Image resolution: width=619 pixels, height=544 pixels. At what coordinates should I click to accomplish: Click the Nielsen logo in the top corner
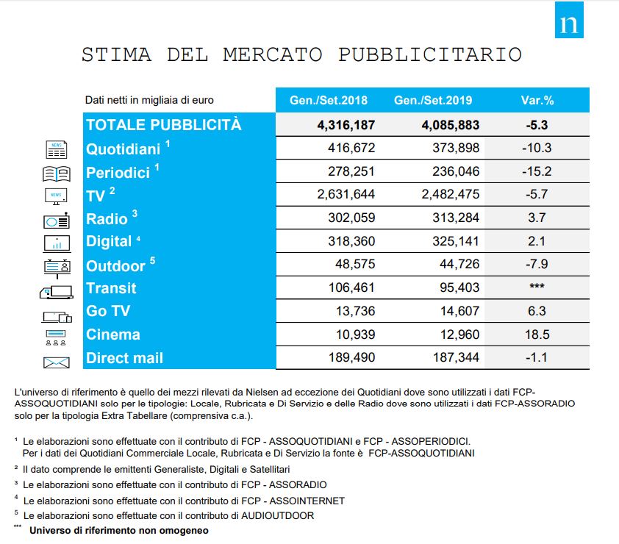tap(569, 20)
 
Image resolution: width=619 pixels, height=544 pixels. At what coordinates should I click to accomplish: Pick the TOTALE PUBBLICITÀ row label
tap(163, 124)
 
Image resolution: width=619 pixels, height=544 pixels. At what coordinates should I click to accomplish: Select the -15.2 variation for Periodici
tap(536, 171)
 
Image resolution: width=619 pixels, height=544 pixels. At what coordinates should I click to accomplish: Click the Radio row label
tap(107, 218)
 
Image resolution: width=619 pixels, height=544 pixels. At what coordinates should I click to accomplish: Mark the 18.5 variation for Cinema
tap(536, 334)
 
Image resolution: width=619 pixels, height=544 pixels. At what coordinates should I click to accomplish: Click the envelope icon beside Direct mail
tap(57, 362)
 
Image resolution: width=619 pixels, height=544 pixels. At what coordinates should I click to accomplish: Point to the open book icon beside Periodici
tap(57, 173)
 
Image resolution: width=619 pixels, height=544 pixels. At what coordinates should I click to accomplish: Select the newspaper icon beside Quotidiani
tap(57, 149)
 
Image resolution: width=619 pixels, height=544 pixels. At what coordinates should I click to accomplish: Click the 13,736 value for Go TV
tap(355, 311)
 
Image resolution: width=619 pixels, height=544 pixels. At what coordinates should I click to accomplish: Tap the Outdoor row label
tap(115, 265)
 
